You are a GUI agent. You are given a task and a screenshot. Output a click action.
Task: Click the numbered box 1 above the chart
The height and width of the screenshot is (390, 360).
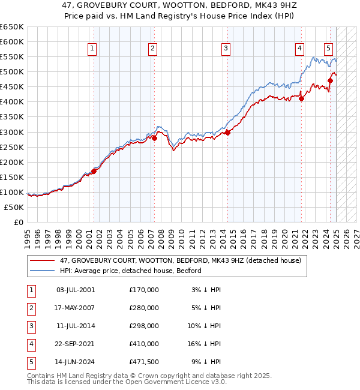93,49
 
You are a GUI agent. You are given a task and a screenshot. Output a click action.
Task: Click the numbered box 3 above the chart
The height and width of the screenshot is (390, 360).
226,49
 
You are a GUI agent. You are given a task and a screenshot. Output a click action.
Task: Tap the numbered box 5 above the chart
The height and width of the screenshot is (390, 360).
329,49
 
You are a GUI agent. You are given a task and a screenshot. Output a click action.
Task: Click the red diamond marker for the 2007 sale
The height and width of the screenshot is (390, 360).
154,137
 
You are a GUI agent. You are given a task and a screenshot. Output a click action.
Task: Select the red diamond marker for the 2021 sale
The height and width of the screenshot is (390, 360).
302,98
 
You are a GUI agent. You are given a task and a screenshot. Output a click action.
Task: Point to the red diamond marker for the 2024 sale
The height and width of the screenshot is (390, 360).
331,80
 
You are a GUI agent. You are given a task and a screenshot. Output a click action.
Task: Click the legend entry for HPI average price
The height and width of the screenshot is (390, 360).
130,271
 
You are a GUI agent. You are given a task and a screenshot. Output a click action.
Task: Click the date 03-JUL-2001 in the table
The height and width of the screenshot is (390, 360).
75,290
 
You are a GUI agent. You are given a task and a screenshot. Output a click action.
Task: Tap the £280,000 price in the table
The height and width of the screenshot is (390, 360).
144,308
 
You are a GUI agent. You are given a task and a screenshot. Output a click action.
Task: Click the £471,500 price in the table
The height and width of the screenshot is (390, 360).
144,362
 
